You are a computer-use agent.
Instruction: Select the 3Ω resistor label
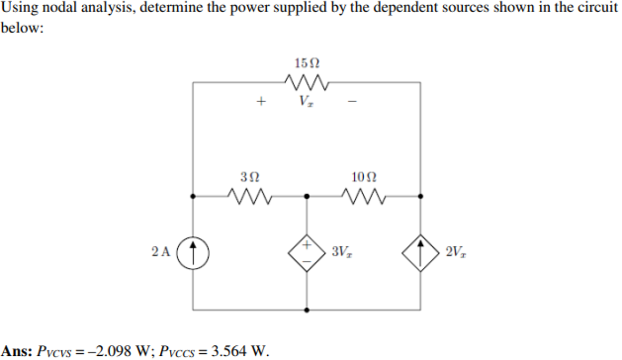[250, 176]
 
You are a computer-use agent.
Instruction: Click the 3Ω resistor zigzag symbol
[250, 196]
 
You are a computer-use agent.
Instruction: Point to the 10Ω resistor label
[363, 176]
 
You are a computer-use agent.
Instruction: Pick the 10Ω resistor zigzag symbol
[363, 196]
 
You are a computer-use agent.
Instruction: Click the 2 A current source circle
[194, 251]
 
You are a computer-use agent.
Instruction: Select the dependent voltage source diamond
[308, 251]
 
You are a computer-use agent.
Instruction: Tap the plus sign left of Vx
[261, 101]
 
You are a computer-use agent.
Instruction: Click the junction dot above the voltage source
[308, 196]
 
